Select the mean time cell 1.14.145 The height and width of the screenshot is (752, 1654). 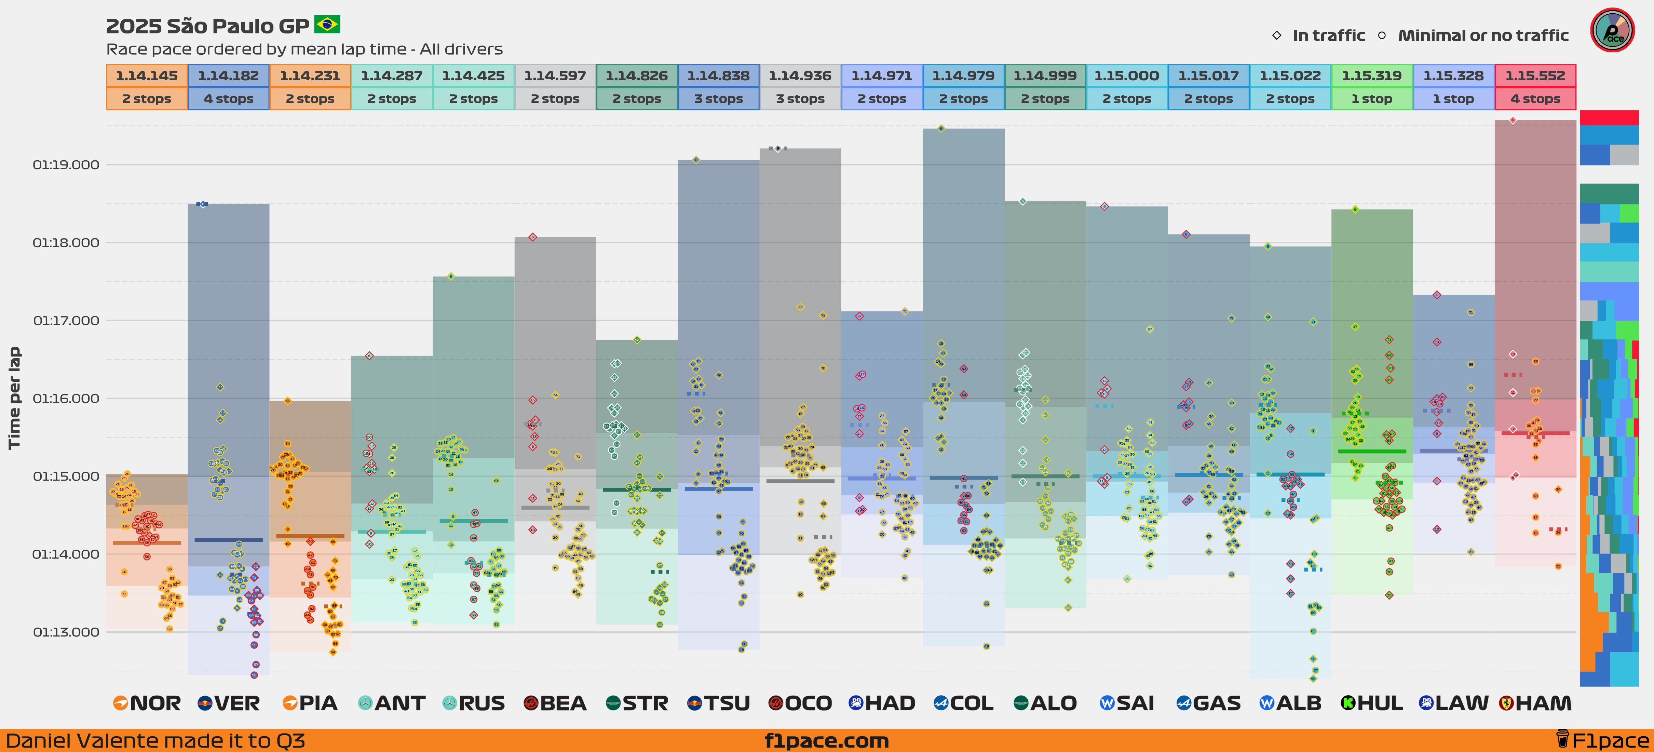coord(146,76)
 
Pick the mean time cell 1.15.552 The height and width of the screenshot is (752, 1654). coord(1535,76)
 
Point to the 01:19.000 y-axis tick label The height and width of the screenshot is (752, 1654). coord(66,165)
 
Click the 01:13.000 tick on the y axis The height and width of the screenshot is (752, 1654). coord(66,632)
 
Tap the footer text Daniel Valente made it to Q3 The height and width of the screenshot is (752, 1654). coord(155,740)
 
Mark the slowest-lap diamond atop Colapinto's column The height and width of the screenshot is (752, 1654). coord(941,129)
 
